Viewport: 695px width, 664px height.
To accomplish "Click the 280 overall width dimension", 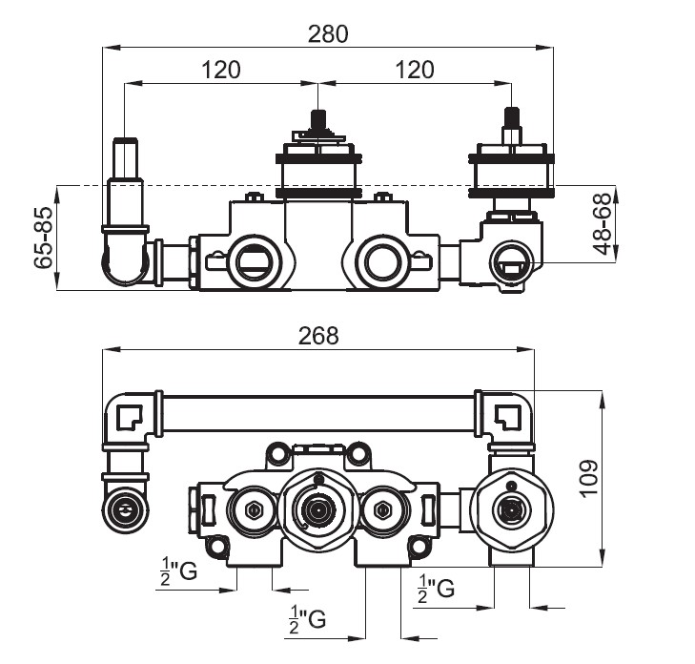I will [x=328, y=33].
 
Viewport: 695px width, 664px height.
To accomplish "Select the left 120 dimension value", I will [x=221, y=70].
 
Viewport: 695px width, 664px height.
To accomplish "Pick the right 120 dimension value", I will [x=414, y=70].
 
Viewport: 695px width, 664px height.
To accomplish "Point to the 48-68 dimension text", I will [x=601, y=225].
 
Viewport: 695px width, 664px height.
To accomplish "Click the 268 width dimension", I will [x=318, y=336].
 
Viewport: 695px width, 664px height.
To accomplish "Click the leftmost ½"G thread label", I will [x=178, y=571].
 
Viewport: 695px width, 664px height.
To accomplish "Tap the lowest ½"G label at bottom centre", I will [x=307, y=619].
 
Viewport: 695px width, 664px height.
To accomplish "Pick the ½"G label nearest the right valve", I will [x=435, y=587].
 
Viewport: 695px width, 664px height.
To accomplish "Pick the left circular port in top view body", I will [x=253, y=259].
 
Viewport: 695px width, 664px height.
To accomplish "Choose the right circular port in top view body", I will [x=382, y=259].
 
